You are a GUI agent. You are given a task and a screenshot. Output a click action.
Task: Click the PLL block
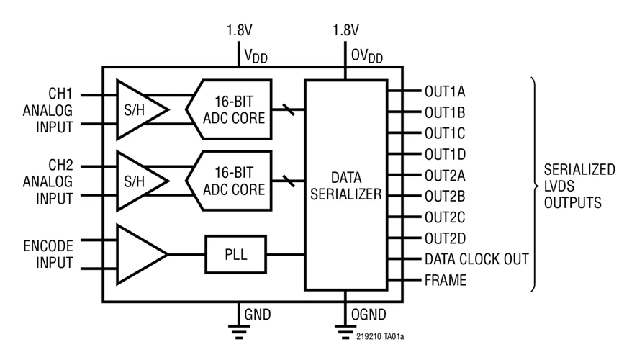pos(235,254)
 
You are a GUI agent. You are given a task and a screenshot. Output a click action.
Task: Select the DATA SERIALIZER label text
pos(347,185)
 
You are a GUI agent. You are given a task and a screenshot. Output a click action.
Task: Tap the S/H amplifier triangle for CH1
pos(138,109)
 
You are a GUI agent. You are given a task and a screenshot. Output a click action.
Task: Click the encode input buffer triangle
pos(138,254)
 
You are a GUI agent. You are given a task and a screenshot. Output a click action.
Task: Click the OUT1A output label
pos(445,91)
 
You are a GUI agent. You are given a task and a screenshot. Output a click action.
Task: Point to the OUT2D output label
pos(445,237)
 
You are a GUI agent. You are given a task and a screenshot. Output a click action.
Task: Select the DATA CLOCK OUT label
pos(476,258)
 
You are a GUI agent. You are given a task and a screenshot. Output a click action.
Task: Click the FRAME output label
pos(444,280)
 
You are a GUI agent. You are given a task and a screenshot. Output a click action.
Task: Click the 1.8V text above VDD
pos(240,31)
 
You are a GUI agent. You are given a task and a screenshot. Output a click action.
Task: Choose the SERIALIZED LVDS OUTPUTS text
pos(579,186)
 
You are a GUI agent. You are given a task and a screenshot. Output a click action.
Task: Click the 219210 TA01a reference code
pos(385,336)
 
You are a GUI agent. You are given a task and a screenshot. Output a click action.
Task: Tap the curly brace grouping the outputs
pos(536,185)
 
